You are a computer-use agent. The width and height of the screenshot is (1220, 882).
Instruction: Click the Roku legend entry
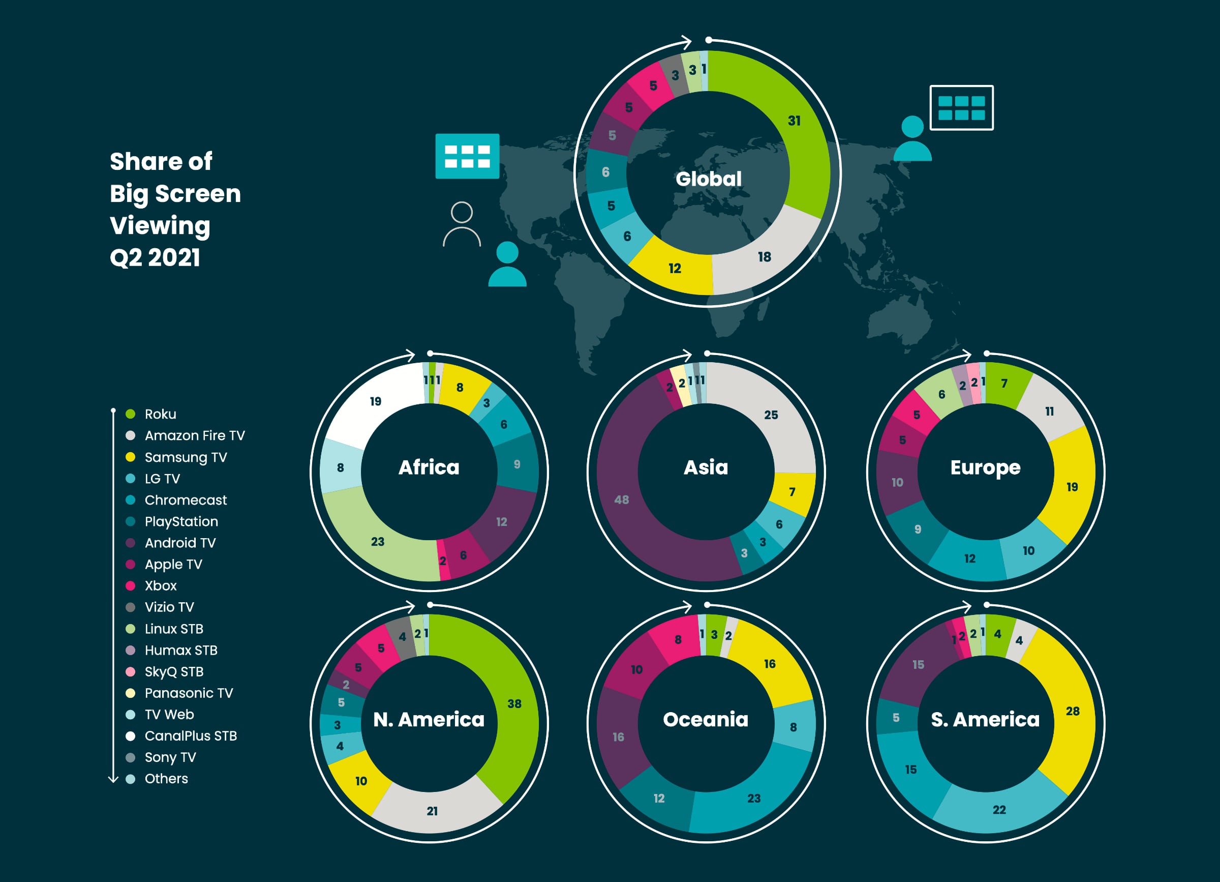click(160, 414)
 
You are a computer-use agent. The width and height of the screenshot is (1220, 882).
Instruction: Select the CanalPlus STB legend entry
click(190, 736)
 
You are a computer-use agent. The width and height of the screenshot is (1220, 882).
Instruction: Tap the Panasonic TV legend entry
click(188, 693)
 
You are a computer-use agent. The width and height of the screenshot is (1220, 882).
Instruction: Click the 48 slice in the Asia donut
click(622, 500)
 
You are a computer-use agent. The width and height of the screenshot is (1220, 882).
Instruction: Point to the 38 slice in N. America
click(514, 704)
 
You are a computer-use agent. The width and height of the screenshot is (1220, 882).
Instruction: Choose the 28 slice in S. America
click(1073, 712)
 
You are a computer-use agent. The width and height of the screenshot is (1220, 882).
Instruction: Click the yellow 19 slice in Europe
click(1072, 487)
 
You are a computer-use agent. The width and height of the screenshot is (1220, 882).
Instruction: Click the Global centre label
click(709, 179)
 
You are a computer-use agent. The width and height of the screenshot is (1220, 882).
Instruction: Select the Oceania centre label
click(706, 719)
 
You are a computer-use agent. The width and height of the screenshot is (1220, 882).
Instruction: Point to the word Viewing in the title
click(160, 225)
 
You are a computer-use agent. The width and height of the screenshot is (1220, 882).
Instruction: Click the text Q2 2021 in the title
click(155, 258)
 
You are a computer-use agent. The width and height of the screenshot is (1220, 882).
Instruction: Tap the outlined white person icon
click(462, 224)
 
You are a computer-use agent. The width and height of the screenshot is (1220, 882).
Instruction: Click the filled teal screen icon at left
click(467, 156)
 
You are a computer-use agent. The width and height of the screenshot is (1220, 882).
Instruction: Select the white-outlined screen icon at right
click(961, 108)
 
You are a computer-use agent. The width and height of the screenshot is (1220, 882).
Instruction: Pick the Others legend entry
click(166, 779)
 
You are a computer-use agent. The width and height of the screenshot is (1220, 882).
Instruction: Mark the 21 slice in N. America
click(433, 811)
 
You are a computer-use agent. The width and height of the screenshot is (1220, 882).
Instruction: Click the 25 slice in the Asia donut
click(771, 415)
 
